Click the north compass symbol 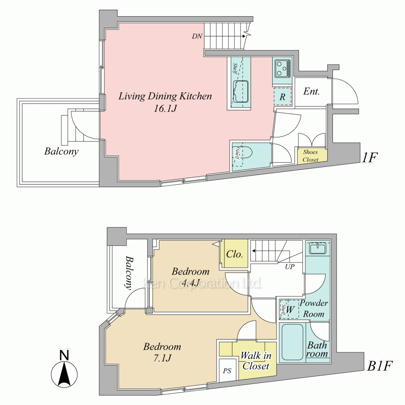[64, 369]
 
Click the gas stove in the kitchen [282, 68]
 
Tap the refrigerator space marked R [283, 97]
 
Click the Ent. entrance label [311, 91]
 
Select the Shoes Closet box [311, 156]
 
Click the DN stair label [197, 36]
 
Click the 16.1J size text [165, 109]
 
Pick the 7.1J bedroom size [162, 358]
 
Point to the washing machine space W [289, 309]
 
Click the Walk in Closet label [256, 361]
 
